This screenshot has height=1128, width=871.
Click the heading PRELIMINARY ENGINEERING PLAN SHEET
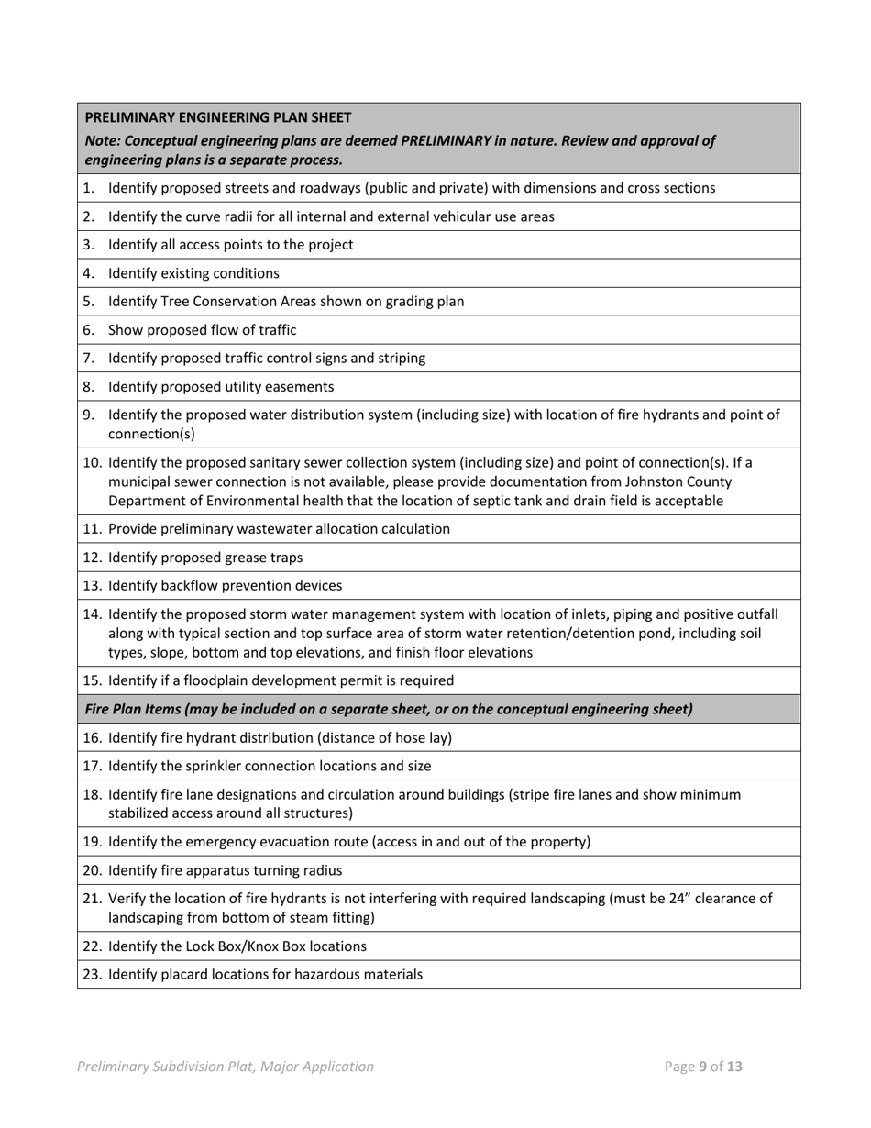217,117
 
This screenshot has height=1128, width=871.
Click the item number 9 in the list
88,415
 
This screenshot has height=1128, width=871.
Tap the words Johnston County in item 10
686,481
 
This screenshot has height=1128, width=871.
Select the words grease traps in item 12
266,558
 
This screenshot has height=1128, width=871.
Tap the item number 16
91,737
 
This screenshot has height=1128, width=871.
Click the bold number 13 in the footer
733,1067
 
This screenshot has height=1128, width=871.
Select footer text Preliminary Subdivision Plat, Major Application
226,1067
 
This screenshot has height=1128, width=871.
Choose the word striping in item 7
400,359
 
